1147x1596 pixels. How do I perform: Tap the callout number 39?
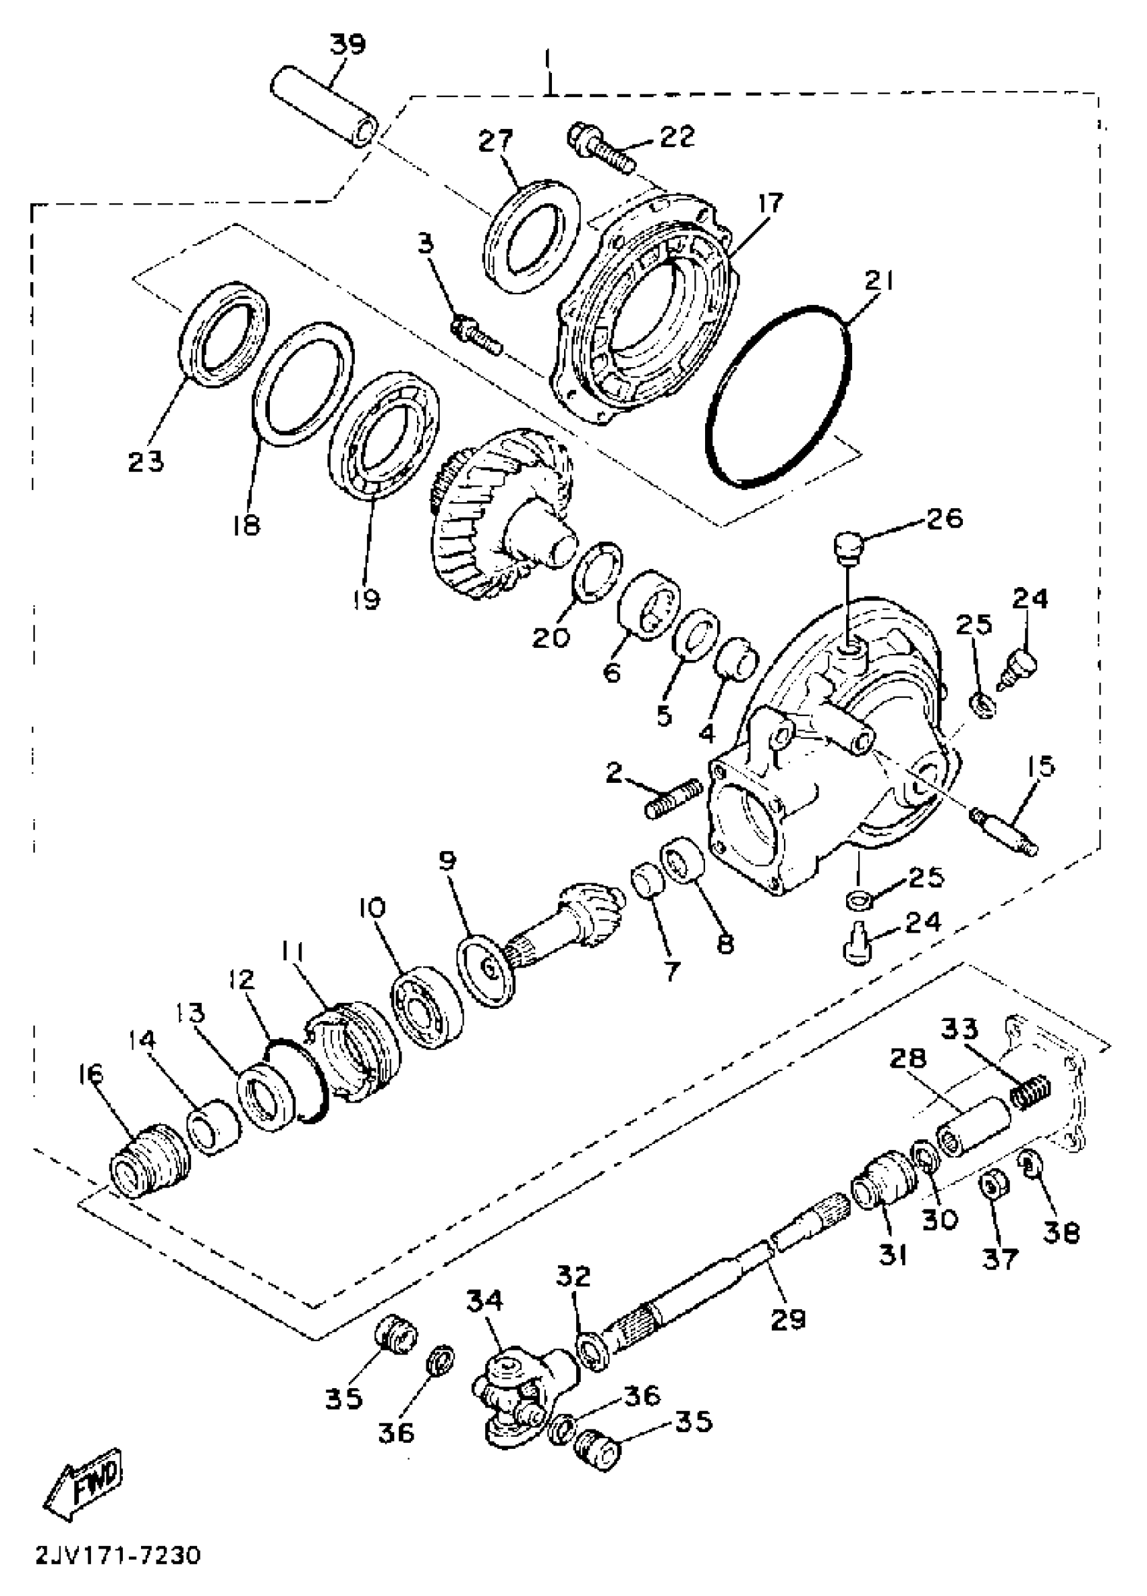(x=348, y=45)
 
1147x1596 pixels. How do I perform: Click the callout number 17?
(x=770, y=204)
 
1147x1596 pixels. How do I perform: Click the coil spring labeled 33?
(x=1030, y=1096)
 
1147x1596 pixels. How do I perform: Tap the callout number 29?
(x=787, y=1319)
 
